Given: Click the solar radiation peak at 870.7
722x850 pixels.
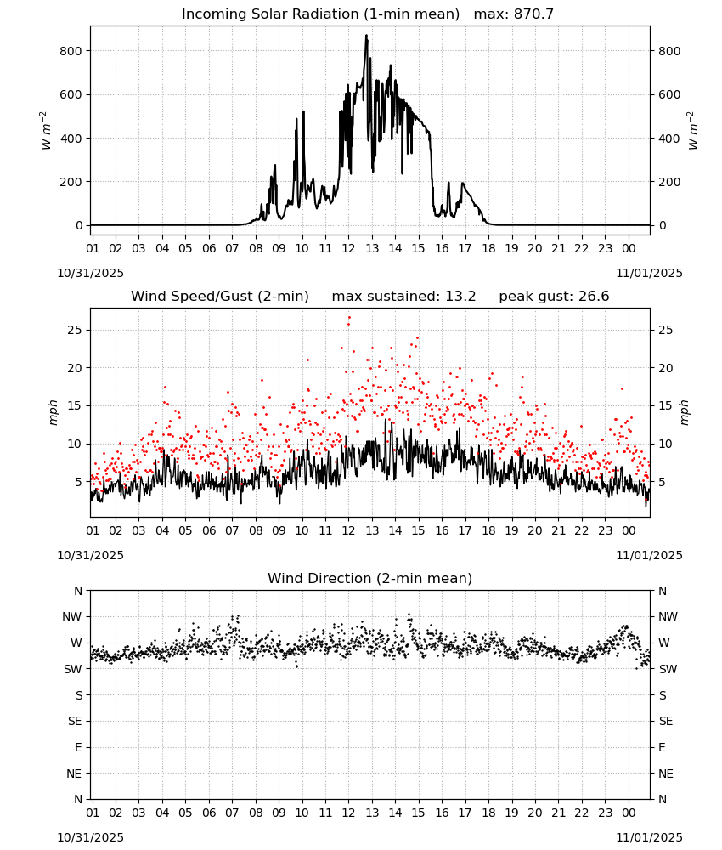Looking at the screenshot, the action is pyautogui.click(x=366, y=36).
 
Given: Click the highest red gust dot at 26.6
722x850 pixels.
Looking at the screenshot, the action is pyautogui.click(x=349, y=318).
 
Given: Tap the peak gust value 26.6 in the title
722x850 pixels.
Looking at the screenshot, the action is pyautogui.click(x=593, y=297).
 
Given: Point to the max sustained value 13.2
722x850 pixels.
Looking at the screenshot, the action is pyautogui.click(x=460, y=297).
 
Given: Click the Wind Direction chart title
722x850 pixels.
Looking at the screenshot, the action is pyautogui.click(x=370, y=578).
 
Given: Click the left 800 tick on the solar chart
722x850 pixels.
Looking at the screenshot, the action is pyautogui.click(x=71, y=51).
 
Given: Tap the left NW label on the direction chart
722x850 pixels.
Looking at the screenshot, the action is pyautogui.click(x=72, y=617).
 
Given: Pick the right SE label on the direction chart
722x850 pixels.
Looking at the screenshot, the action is pyautogui.click(x=666, y=722).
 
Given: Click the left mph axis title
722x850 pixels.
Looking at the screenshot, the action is pyautogui.click(x=53, y=412).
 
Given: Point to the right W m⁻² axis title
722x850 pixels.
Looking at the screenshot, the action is pyautogui.click(x=693, y=131).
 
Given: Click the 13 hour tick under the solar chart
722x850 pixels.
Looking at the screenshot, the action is pyautogui.click(x=372, y=249).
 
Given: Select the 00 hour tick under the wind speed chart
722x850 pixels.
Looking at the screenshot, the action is pyautogui.click(x=629, y=530).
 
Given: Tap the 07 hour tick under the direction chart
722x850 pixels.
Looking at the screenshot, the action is pyautogui.click(x=232, y=813).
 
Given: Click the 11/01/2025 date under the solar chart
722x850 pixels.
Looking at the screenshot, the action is pyautogui.click(x=649, y=273).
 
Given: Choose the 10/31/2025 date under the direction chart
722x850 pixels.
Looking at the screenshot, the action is pyautogui.click(x=90, y=837).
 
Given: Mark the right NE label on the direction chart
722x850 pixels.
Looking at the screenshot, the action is pyautogui.click(x=666, y=773).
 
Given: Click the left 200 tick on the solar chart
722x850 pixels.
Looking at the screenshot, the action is pyautogui.click(x=71, y=182).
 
